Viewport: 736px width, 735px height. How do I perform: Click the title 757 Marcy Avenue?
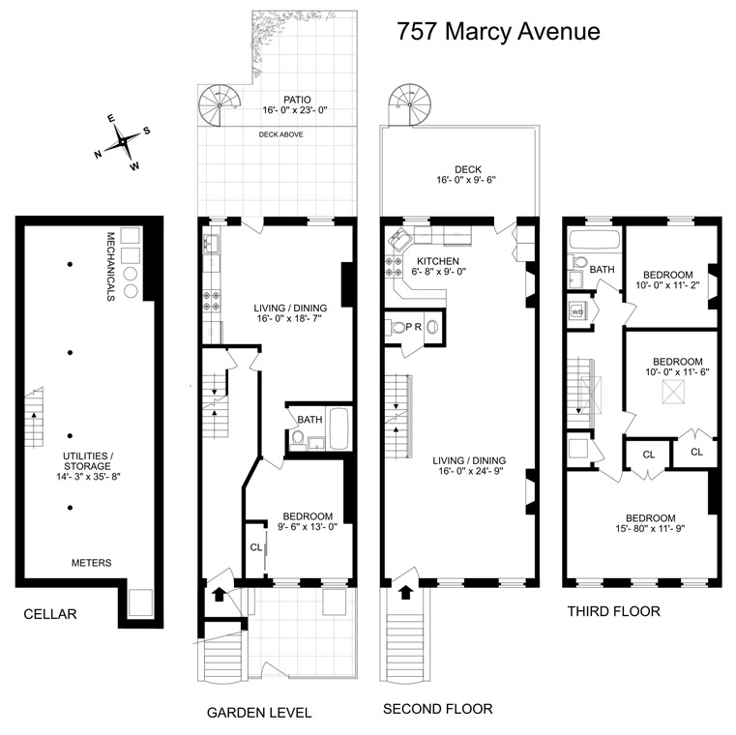pyautogui.click(x=498, y=31)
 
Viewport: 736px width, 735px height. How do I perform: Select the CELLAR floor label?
pyautogui.click(x=49, y=613)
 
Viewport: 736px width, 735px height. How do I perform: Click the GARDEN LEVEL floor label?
pyautogui.click(x=259, y=713)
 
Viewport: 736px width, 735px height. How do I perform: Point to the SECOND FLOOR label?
pyautogui.click(x=438, y=709)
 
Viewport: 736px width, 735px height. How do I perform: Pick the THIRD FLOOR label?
pyautogui.click(x=613, y=611)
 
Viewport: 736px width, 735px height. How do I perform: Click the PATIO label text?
pyautogui.click(x=297, y=100)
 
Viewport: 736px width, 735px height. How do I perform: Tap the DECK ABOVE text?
pyautogui.click(x=281, y=134)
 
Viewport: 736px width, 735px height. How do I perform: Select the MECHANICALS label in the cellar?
pyautogui.click(x=111, y=266)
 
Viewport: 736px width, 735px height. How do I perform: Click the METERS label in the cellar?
pyautogui.click(x=91, y=562)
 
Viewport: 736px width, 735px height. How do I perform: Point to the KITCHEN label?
pyautogui.click(x=437, y=262)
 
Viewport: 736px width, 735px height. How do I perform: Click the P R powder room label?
pyautogui.click(x=413, y=327)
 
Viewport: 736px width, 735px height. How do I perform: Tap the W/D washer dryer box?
pyautogui.click(x=577, y=312)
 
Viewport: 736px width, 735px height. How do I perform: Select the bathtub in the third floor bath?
pyautogui.click(x=592, y=241)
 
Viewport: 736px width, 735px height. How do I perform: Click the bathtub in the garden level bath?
pyautogui.click(x=339, y=428)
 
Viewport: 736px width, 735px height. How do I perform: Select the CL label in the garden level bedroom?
pyautogui.click(x=256, y=547)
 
